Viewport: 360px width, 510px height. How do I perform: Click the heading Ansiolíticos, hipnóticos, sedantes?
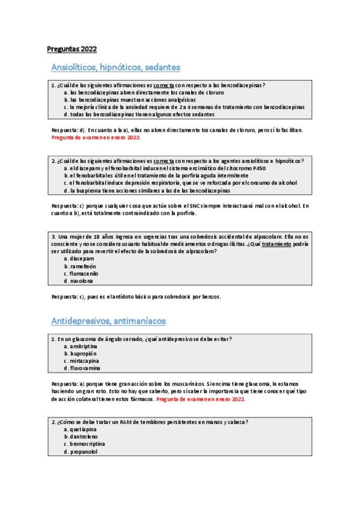116,67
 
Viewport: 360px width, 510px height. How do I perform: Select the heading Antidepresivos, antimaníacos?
109,321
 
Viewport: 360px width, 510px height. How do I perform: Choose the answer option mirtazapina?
84,361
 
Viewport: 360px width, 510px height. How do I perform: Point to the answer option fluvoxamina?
84,368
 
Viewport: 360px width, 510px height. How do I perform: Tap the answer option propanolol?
83,452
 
